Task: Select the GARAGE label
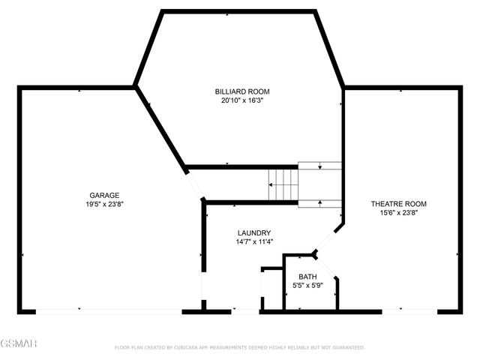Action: (x=104, y=195)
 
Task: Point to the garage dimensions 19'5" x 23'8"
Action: (x=104, y=204)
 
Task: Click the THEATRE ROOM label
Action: (x=398, y=203)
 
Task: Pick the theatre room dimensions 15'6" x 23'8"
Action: (x=398, y=212)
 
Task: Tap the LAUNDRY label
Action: (x=253, y=232)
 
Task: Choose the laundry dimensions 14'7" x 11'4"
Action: (x=253, y=241)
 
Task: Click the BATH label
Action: (x=308, y=277)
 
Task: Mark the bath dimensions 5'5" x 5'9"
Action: (x=308, y=286)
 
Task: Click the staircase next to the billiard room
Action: (x=284, y=184)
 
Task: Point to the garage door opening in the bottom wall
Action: (x=108, y=310)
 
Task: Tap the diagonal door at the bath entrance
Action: (x=324, y=265)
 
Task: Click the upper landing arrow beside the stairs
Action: (x=320, y=166)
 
